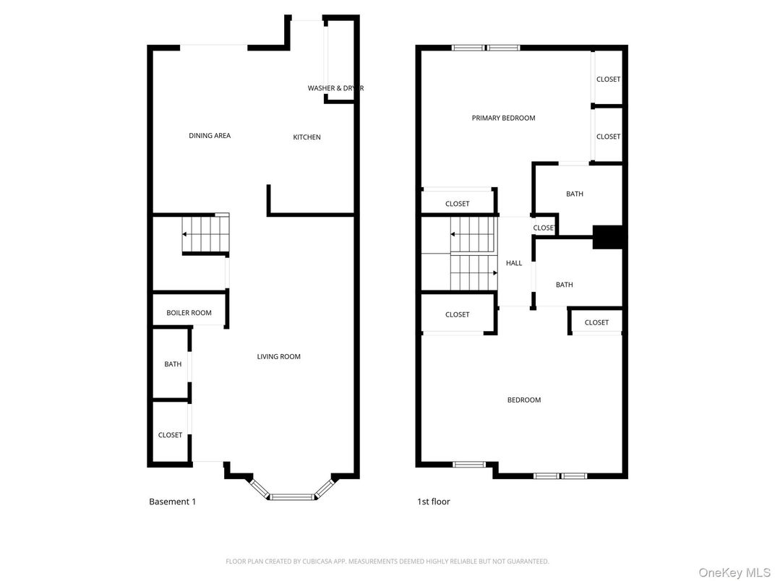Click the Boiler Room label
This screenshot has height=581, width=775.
pos(189,313)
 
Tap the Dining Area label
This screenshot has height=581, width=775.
pos(210,136)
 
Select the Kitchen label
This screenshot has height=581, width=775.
pos(307,137)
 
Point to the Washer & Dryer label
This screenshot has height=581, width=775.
pos(335,88)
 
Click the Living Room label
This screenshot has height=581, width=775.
pos(278,356)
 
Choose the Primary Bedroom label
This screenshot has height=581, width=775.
pos(503,118)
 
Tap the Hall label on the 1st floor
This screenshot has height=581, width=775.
pos(514,263)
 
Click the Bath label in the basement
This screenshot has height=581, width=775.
pos(173,364)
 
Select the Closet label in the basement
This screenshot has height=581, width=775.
pos(171,435)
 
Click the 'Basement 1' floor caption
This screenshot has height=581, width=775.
pos(172,502)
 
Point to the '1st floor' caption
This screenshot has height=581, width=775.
pos(433,502)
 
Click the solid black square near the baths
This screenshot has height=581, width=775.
pos(607,238)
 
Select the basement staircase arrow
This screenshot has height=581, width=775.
pos(186,234)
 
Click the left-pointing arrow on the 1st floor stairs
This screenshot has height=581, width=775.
pos(455,234)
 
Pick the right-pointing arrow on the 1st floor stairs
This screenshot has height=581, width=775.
pos(494,273)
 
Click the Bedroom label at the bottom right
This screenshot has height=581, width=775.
pos(523,400)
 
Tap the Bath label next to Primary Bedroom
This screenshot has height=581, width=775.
pos(575,194)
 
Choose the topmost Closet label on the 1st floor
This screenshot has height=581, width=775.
pos(608,79)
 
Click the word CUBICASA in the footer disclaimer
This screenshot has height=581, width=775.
pos(318,561)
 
